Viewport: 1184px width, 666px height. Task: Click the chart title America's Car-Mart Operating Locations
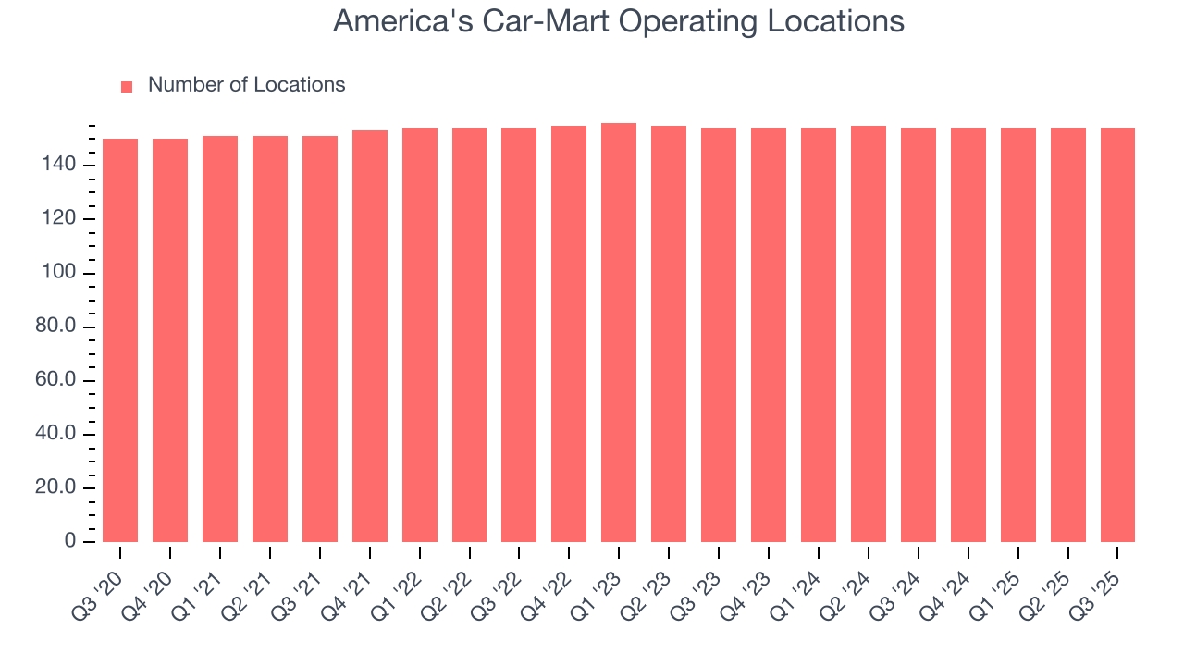pyautogui.click(x=618, y=20)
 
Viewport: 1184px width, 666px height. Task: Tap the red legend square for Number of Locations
pyautogui.click(x=127, y=86)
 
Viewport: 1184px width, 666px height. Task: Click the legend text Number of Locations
pyautogui.click(x=246, y=85)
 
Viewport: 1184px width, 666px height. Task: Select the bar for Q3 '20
pyautogui.click(x=120, y=340)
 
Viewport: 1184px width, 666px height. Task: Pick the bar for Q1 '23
pyautogui.click(x=619, y=333)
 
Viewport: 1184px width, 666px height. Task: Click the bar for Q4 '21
pyautogui.click(x=370, y=337)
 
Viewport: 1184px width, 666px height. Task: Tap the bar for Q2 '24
pyautogui.click(x=868, y=334)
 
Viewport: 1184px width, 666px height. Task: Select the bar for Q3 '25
pyautogui.click(x=1117, y=335)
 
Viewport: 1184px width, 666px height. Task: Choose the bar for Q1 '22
pyautogui.click(x=420, y=335)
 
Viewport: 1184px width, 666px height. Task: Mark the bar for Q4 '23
pyautogui.click(x=768, y=335)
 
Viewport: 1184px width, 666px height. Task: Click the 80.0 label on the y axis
pyautogui.click(x=56, y=327)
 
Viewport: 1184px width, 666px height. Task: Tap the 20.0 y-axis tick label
pyautogui.click(x=56, y=488)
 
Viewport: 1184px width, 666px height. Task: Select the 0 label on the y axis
pyautogui.click(x=71, y=542)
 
